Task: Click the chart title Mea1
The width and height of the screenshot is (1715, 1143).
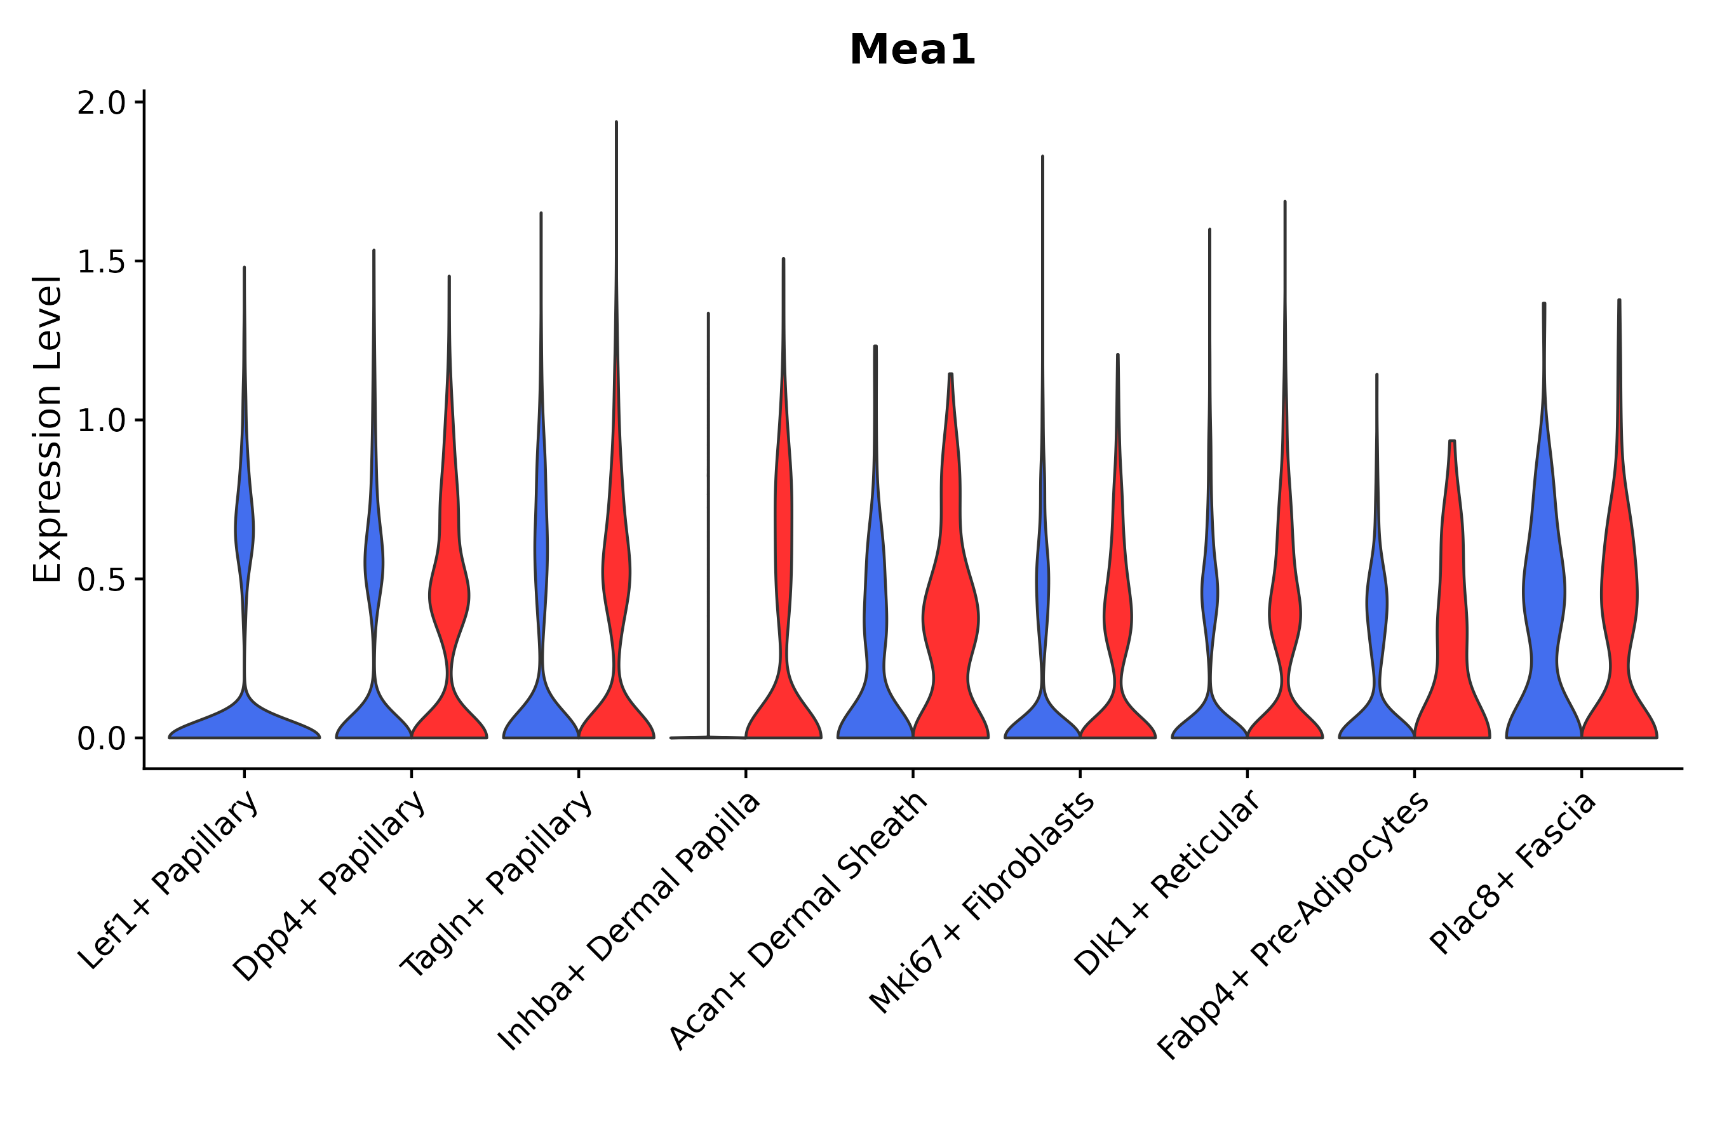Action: click(911, 50)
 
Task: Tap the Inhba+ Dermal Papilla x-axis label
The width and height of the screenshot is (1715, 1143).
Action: click(630, 920)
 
